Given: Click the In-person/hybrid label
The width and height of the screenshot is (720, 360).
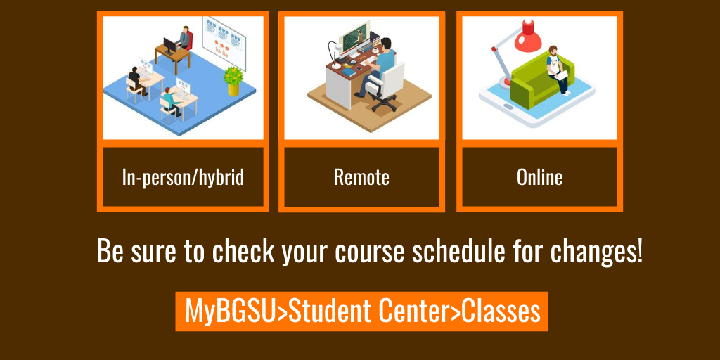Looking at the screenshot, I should pos(183,177).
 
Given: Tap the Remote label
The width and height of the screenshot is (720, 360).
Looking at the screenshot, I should pos(361,177).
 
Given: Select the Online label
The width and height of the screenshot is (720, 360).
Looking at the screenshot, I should pos(539,177).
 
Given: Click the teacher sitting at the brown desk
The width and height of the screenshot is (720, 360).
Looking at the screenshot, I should pos(184,39).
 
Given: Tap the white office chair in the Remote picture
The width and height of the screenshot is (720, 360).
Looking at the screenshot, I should pos(389,88).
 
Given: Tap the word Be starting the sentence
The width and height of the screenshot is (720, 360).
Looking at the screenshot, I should pos(110,251).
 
